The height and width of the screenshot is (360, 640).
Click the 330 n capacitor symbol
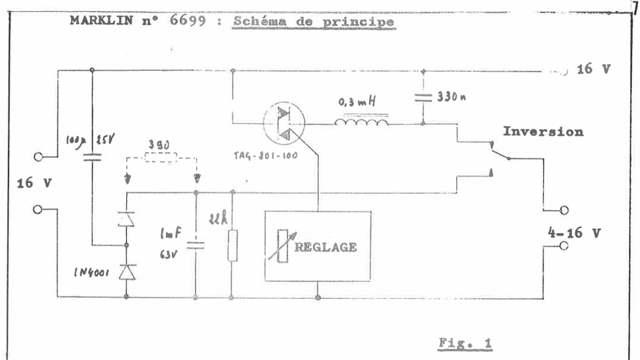coord(423,97)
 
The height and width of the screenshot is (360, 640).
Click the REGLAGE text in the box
coord(326,247)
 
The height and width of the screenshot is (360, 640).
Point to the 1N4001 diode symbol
coord(128,271)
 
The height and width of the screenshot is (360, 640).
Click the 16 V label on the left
coord(27,182)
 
